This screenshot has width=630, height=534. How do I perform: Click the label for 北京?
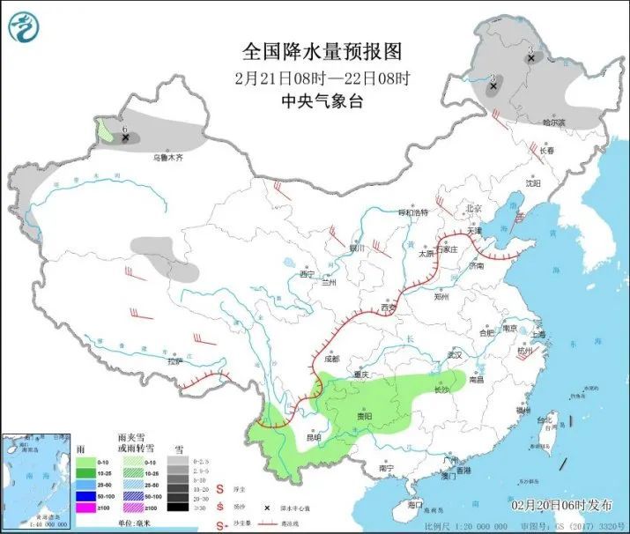pyautogui.click(x=474, y=208)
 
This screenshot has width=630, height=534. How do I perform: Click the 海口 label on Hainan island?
pyautogui.click(x=417, y=506)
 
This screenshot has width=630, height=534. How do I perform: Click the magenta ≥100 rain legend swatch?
pyautogui.click(x=87, y=507)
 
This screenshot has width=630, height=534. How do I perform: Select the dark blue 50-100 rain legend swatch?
pyautogui.click(x=87, y=495)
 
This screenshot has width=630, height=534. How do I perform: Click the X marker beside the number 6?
pyautogui.click(x=125, y=137)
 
